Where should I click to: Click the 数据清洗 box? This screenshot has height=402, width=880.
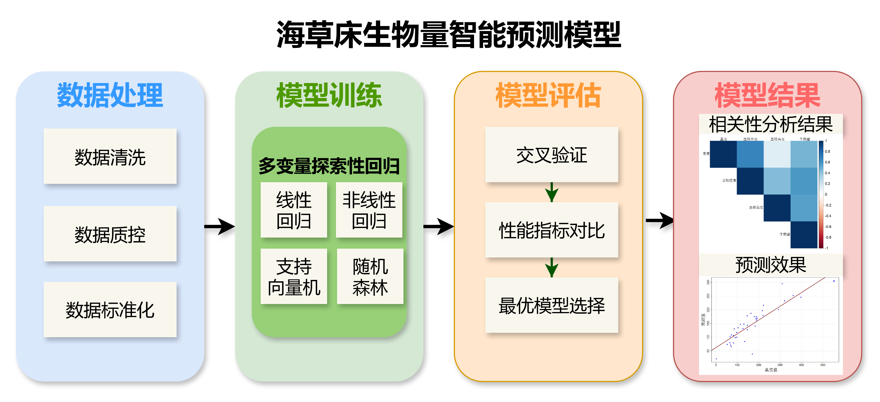110,156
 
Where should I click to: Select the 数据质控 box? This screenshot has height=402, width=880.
110,234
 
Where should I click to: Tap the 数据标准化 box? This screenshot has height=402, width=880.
110,310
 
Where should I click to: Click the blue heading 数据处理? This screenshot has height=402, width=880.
110,95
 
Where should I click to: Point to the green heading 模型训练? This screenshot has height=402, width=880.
329,95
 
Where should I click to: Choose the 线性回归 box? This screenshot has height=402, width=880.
294,210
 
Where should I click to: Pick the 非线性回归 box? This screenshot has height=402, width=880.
369,210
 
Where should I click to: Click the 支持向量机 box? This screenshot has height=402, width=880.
294,276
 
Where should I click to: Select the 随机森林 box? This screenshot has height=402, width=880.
370,276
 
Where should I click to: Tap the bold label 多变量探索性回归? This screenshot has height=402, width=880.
329,166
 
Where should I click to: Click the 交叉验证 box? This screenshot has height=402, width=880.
552,154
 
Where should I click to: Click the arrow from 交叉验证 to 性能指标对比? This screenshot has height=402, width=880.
552,192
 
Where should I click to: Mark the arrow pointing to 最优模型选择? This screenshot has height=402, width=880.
552,268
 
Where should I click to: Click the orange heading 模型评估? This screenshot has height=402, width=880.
548,95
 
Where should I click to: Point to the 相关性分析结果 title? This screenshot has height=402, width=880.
771,124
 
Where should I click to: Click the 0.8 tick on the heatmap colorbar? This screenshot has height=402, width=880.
827,151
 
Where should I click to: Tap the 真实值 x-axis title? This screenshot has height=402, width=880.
771,370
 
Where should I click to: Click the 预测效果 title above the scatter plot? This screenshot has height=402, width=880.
771,265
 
